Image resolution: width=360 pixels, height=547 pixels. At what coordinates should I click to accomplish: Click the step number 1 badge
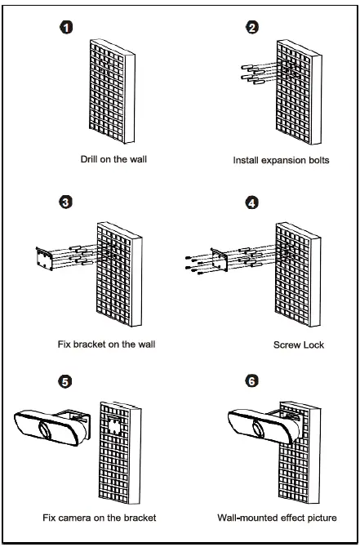click(x=66, y=27)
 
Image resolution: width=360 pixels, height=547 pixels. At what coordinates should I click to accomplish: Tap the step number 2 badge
click(x=252, y=27)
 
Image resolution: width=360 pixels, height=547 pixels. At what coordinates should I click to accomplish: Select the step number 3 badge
click(x=66, y=202)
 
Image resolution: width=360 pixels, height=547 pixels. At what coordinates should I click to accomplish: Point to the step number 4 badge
click(x=252, y=202)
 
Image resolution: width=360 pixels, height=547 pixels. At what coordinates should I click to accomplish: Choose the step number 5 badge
click(x=64, y=381)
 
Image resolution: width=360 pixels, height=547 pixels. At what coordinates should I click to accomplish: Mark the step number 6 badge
click(x=252, y=381)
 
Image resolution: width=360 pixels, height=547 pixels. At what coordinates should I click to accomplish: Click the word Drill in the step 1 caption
click(x=89, y=159)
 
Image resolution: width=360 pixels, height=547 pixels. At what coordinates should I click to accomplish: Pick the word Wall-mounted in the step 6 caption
click(x=242, y=518)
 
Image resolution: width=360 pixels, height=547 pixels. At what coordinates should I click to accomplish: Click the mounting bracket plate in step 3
click(x=45, y=259)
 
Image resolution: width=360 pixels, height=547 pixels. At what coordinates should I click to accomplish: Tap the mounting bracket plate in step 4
click(x=220, y=260)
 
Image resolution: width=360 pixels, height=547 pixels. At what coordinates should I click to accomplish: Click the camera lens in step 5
click(x=46, y=429)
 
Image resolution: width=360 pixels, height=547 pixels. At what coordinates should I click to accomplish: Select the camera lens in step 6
click(x=260, y=429)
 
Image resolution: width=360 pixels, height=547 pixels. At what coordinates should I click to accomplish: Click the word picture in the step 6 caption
click(x=322, y=518)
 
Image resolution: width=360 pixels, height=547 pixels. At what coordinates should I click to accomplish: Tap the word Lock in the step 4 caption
click(x=313, y=345)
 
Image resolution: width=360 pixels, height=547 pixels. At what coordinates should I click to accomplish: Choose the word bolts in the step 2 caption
click(x=318, y=161)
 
